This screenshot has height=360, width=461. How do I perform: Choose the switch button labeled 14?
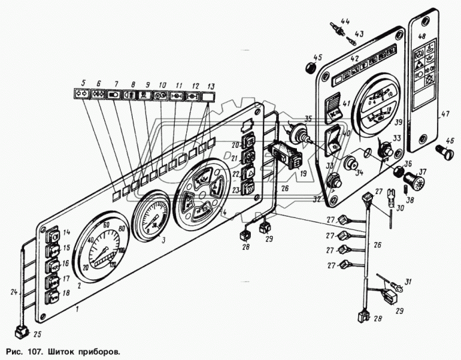coord(52,234)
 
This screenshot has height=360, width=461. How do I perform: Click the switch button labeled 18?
coord(51,295)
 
